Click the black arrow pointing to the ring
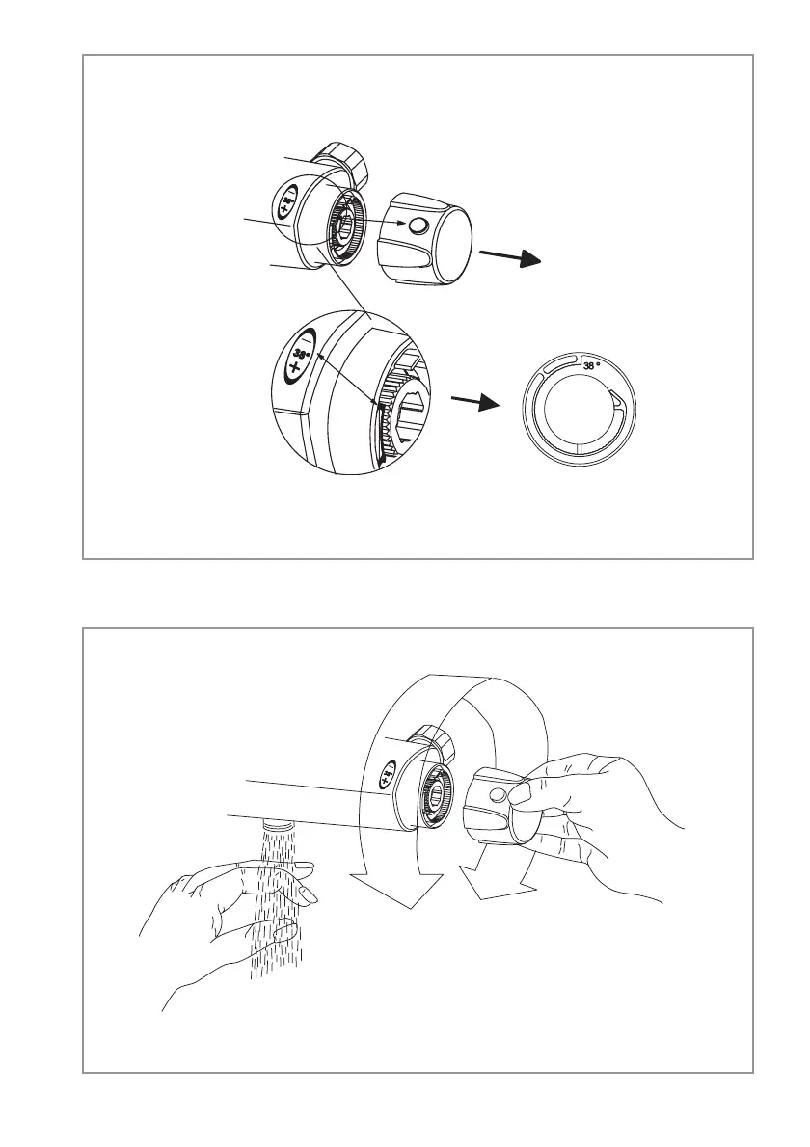coord(472,399)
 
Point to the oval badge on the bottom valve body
coord(385,771)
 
